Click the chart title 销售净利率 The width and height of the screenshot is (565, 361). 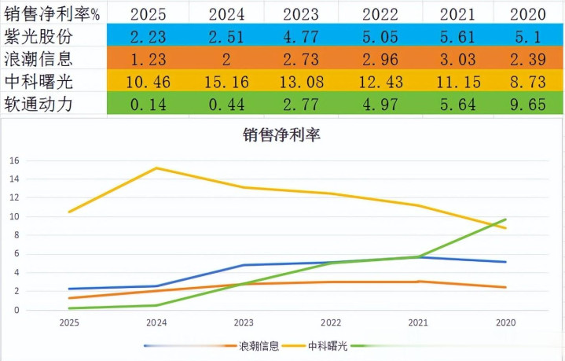pyautogui.click(x=282, y=134)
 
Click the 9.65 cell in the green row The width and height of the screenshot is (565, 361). pyautogui.click(x=528, y=104)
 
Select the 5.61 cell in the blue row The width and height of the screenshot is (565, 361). pyautogui.click(x=457, y=35)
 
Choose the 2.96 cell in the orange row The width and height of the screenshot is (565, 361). pyautogui.click(x=384, y=57)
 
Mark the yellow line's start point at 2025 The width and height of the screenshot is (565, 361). pyautogui.click(x=69, y=212)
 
